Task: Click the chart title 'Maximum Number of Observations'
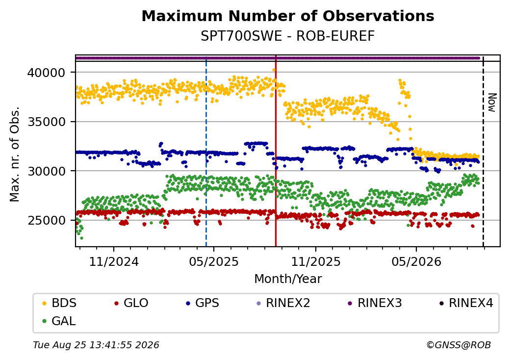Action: click(288, 16)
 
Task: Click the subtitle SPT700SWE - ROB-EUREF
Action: click(287, 36)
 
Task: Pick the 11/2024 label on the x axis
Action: click(114, 261)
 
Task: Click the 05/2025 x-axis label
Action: click(214, 261)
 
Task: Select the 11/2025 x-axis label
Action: click(315, 261)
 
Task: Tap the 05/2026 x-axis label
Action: click(416, 261)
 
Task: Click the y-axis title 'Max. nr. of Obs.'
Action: click(15, 154)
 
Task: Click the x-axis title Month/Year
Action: click(288, 279)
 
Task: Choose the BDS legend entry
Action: click(59, 303)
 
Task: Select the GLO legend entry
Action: click(131, 303)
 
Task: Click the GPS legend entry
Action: click(203, 303)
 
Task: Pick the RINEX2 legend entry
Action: click(283, 303)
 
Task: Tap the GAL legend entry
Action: click(59, 321)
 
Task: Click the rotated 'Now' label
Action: click(493, 103)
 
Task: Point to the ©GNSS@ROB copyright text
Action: click(459, 345)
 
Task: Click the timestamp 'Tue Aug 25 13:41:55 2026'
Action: click(96, 345)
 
